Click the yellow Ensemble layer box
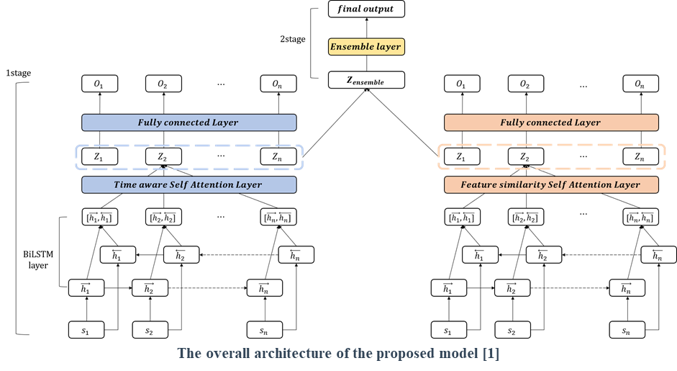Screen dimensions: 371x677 click(366, 47)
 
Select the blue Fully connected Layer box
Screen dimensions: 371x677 click(188, 122)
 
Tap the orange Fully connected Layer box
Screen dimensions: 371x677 click(551, 122)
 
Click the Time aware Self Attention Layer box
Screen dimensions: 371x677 click(188, 184)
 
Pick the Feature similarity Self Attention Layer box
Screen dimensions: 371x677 click(551, 184)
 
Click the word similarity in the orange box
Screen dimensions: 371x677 click(523, 184)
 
